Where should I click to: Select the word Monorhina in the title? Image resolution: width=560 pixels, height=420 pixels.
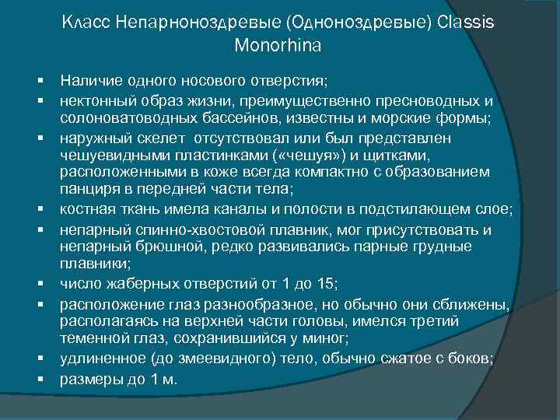point(278,46)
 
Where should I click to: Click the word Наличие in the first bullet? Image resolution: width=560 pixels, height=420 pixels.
point(88,82)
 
